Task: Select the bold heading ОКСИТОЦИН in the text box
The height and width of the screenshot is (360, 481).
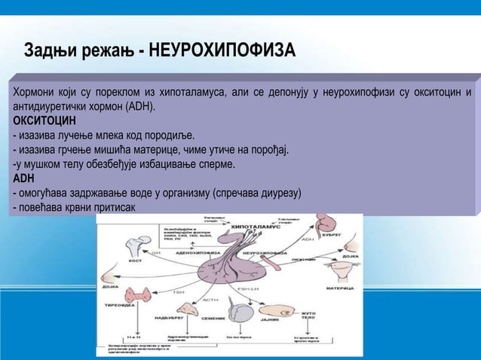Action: point(44,121)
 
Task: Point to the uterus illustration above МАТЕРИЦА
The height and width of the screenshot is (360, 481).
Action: point(339,274)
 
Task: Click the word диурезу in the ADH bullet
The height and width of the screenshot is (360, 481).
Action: point(278,193)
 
